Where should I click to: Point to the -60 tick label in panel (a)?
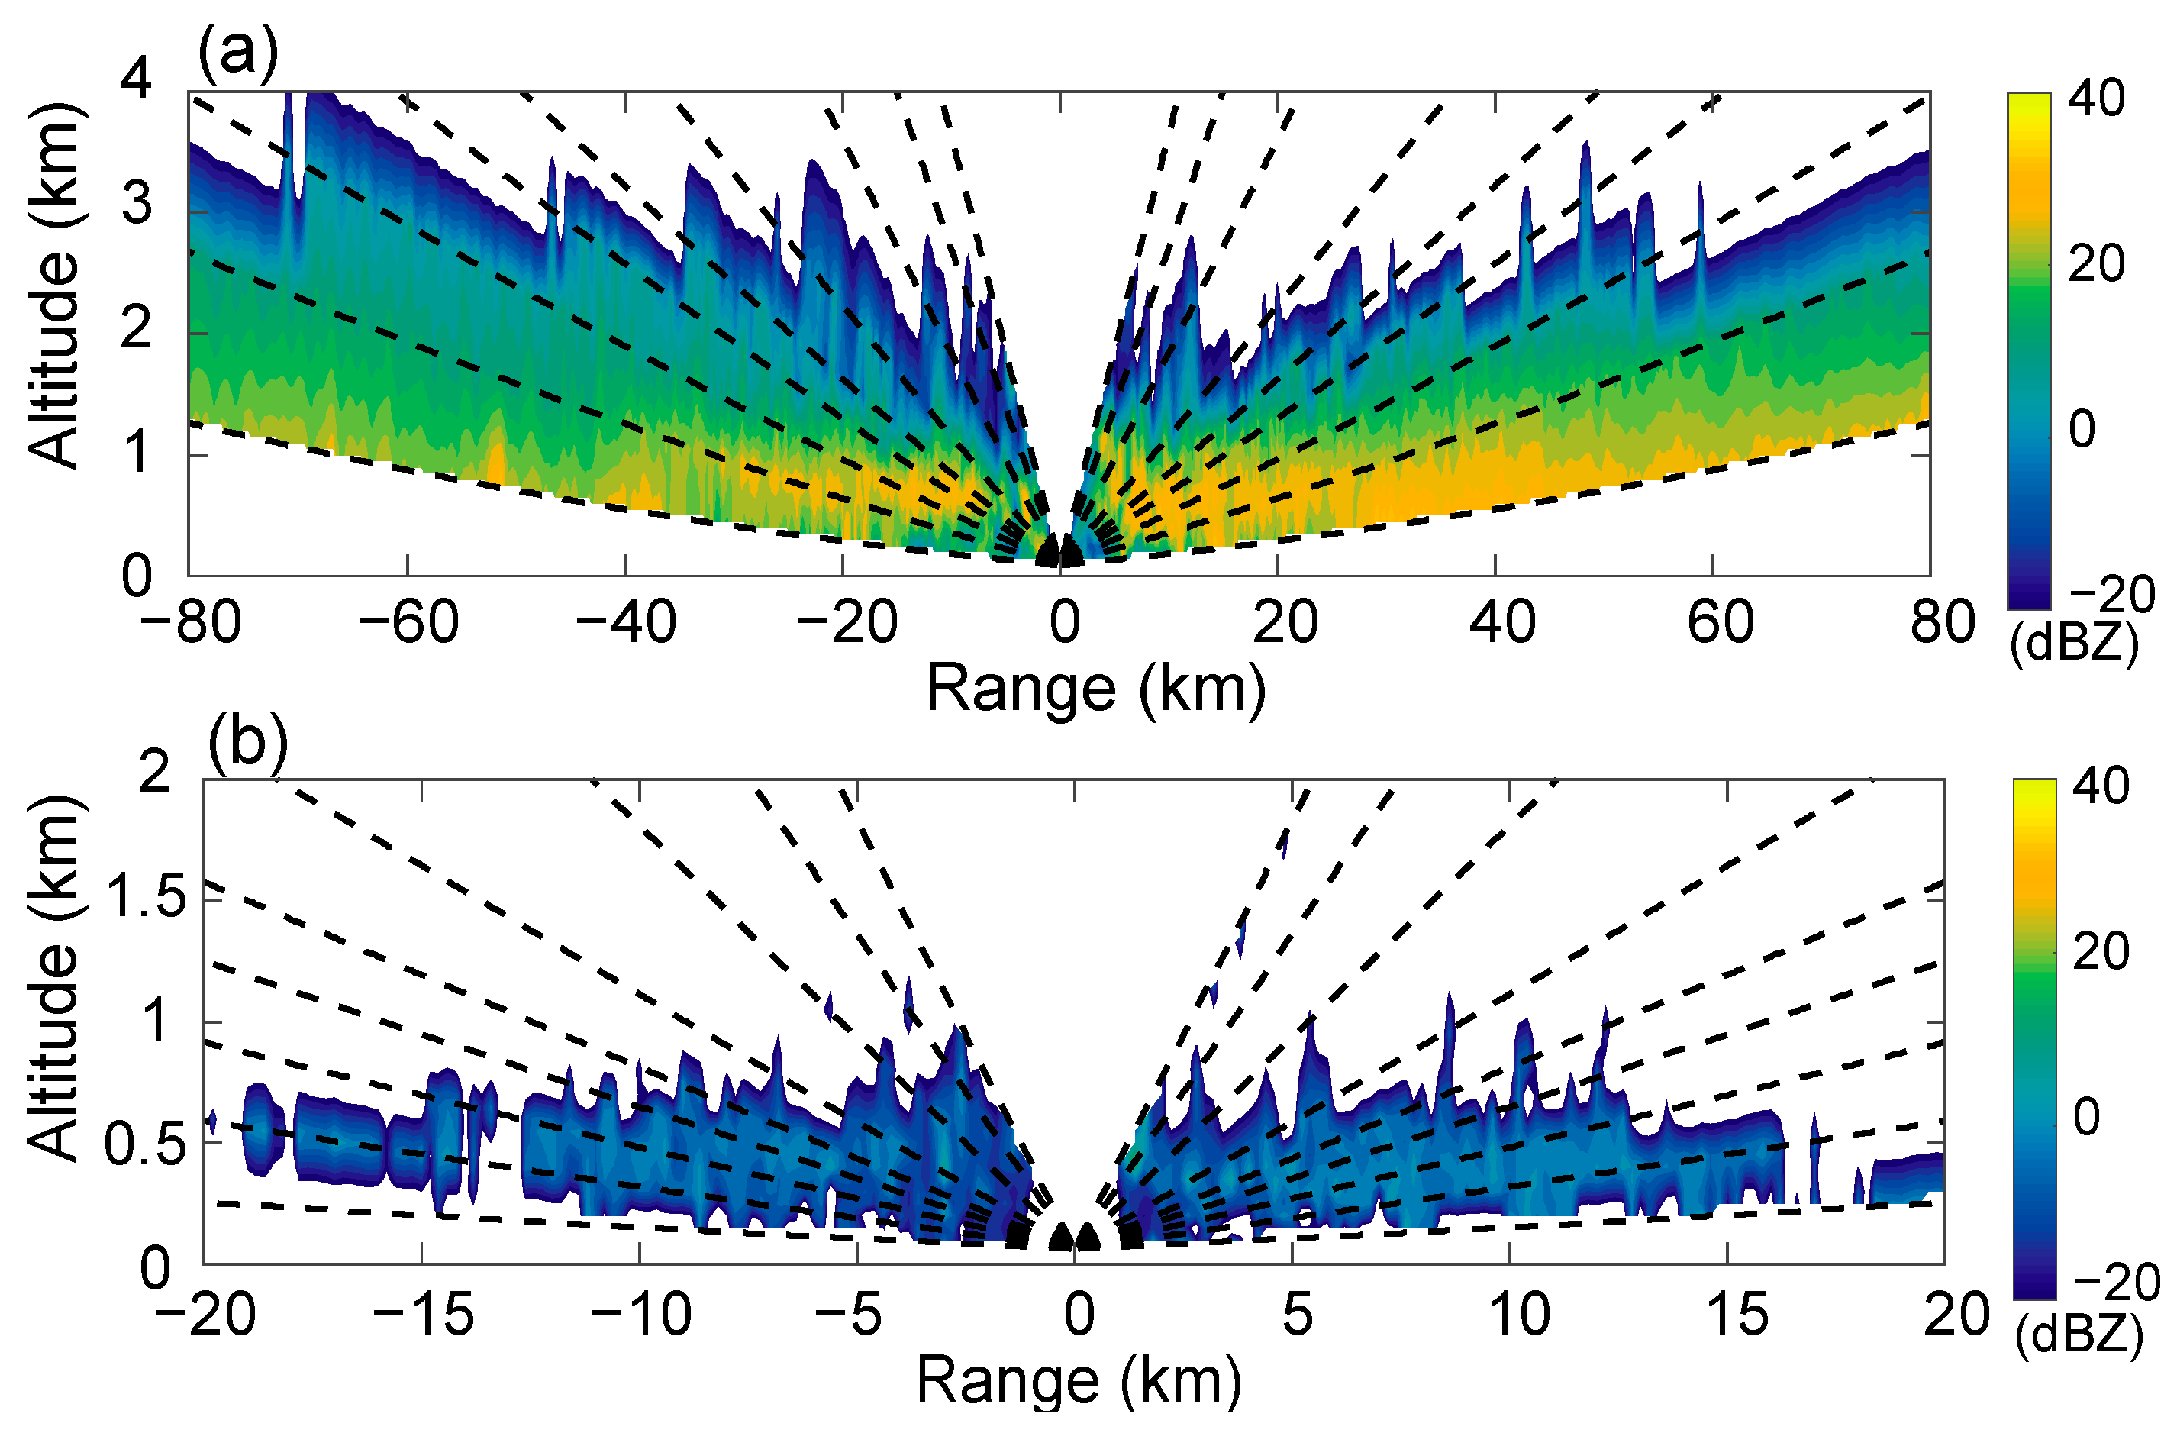[408, 623]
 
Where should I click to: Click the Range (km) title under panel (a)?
[1096, 688]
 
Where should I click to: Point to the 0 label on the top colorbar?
[2082, 429]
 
